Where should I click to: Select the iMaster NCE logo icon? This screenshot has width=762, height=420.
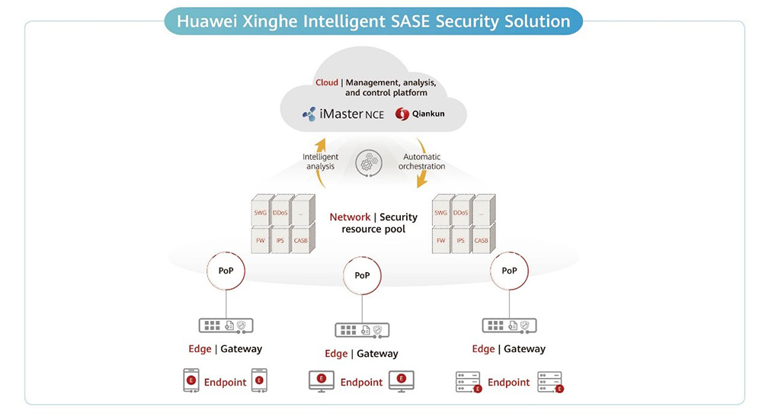coord(309,114)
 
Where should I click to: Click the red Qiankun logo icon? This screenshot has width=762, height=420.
coord(402,114)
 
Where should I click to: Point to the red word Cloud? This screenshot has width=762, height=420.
coord(327,82)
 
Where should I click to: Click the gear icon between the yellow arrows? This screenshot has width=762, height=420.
coord(368,162)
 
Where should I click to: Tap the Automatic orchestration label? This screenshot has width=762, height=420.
coord(421,162)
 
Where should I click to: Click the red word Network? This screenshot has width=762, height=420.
coord(350,217)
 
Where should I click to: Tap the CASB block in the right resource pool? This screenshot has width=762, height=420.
coord(482,239)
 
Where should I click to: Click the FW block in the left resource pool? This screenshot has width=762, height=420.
coord(261,239)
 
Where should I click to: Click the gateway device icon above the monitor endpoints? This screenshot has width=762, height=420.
coord(361,330)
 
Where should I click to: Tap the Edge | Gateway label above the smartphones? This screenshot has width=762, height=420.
coord(225,349)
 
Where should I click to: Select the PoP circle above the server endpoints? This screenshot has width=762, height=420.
coord(508,271)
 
